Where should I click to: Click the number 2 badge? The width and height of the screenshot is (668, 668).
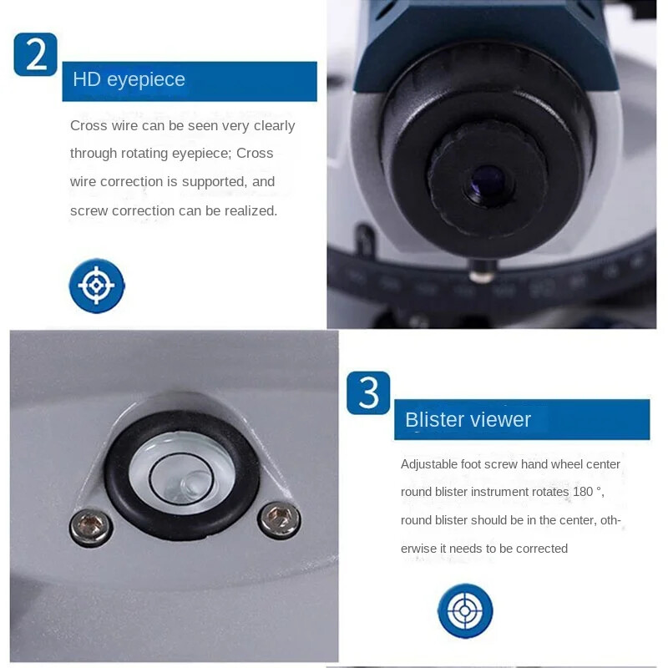click(x=36, y=55)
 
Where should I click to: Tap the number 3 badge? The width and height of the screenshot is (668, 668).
click(x=368, y=392)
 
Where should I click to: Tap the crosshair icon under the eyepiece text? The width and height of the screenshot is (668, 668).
click(x=97, y=286)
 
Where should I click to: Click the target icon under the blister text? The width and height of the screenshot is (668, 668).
click(x=465, y=610)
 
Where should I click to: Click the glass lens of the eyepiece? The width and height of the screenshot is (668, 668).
click(x=485, y=183)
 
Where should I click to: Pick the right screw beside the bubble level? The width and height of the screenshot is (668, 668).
click(x=279, y=519)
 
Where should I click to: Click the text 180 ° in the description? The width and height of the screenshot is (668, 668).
click(x=587, y=492)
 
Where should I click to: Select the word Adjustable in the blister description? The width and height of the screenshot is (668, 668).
click(x=428, y=464)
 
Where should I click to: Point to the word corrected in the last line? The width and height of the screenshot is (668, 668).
click(x=540, y=549)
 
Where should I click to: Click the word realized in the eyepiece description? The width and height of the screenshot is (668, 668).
click(x=248, y=210)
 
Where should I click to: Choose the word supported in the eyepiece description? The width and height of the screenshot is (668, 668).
click(x=219, y=181)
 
